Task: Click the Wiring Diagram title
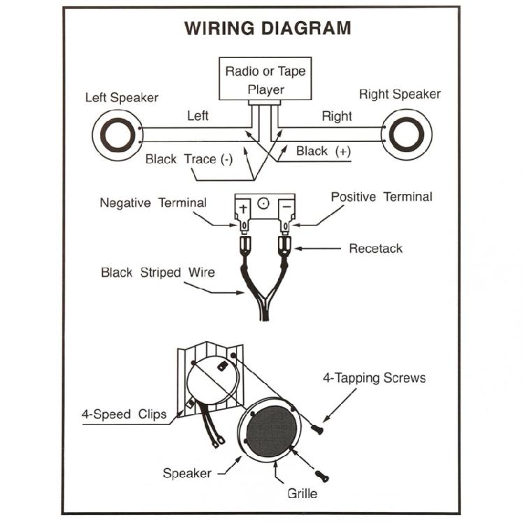(268, 28)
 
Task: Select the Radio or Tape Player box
(265, 78)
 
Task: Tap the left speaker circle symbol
(117, 135)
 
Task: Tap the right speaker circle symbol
(407, 134)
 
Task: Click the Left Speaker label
(122, 98)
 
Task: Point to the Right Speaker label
(400, 94)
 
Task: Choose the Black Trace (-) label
(189, 159)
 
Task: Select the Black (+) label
(323, 151)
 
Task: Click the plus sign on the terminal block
(243, 208)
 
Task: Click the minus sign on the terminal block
(286, 208)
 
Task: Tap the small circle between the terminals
(263, 203)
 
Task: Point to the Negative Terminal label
(153, 203)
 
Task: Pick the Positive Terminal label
(381, 197)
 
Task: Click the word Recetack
(376, 248)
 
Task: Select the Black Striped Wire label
(158, 272)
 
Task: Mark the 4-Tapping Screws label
(374, 378)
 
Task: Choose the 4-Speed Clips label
(124, 414)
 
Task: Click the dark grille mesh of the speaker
(272, 428)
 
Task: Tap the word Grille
(302, 493)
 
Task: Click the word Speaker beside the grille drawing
(187, 473)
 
